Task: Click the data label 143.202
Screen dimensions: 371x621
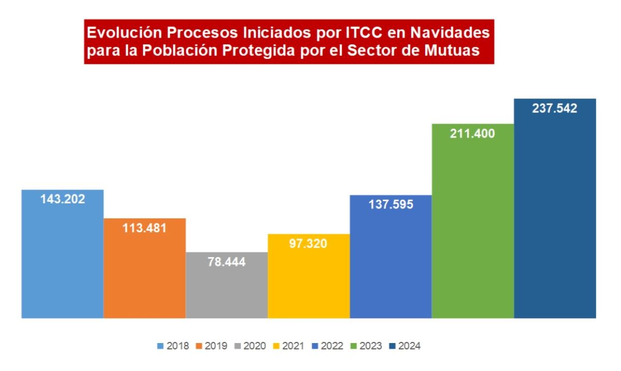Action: pyautogui.click(x=63, y=199)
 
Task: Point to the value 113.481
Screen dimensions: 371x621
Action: pyautogui.click(x=144, y=228)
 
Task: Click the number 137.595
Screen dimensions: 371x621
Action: pyautogui.click(x=391, y=204)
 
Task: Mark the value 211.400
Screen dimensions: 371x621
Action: pyautogui.click(x=472, y=133)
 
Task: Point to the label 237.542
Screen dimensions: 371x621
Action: pyautogui.click(x=555, y=109)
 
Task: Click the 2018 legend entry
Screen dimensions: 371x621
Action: pyautogui.click(x=173, y=346)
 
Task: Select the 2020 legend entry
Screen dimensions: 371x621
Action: pyautogui.click(x=250, y=346)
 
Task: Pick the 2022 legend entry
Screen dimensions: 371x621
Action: pyautogui.click(x=328, y=346)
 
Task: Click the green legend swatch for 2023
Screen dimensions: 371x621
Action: pyautogui.click(x=354, y=346)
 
